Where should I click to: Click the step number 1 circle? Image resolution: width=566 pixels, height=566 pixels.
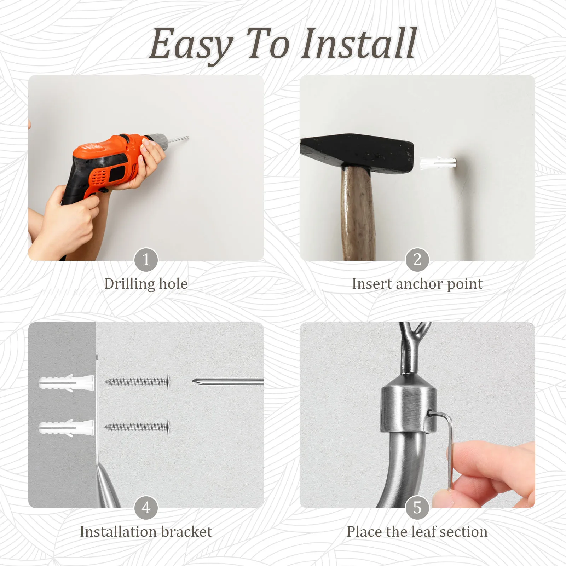pos(146,260)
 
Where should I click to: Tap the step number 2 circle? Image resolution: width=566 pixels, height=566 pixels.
pos(417,260)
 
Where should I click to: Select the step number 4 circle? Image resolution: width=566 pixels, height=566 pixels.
pos(146,508)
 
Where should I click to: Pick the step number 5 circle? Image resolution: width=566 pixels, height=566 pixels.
pos(417,508)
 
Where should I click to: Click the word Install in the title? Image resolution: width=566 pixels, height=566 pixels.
pos(359,44)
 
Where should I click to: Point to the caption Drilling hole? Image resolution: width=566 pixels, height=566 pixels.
pos(146,284)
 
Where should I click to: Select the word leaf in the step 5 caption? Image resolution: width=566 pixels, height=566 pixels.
pos(416,531)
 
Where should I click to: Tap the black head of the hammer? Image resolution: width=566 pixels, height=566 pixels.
pos(357,152)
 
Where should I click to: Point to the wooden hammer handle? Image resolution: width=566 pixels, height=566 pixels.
pos(358,216)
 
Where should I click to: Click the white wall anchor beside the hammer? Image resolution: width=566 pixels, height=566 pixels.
pos(438,163)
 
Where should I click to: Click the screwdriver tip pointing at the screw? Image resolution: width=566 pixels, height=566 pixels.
pos(195,381)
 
